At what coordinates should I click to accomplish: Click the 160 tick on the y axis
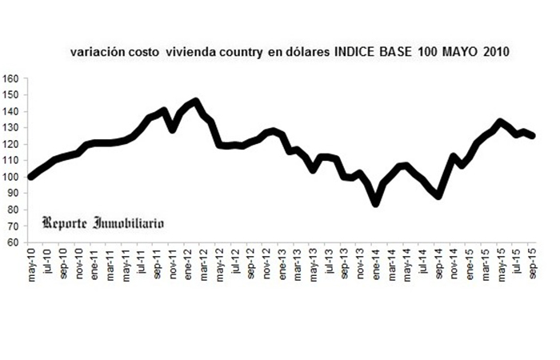pos(10,78)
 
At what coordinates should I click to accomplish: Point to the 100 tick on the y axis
pos(10,177)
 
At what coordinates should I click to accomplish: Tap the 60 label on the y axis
pos(12,242)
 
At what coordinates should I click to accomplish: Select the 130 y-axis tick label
pos(10,128)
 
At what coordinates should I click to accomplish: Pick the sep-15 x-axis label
pos(533,263)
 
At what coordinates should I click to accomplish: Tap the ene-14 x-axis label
pos(376,263)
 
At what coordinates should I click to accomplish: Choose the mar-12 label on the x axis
pos(203,263)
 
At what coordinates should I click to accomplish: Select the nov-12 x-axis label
pos(266,263)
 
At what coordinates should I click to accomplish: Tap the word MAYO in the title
pos(460,52)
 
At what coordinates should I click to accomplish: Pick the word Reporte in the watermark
pos(64,223)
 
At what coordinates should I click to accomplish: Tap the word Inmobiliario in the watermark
pos(129,223)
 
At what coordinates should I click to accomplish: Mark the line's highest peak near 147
pos(195,102)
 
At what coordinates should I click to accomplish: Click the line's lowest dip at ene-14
pos(376,203)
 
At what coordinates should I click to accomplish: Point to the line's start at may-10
pos(31,177)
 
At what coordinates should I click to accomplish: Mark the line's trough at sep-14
pos(438,196)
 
